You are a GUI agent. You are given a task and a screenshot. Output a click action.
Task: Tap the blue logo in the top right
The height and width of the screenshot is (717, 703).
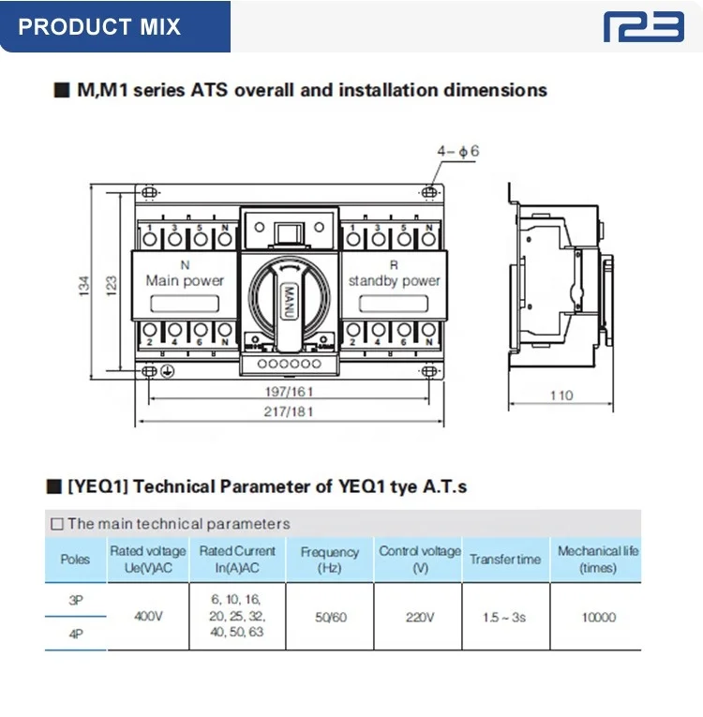pos(643,25)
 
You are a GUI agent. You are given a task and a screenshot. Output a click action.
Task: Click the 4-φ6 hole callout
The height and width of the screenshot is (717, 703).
pos(457,150)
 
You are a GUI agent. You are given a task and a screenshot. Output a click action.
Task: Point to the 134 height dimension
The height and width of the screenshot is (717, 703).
pos(84,282)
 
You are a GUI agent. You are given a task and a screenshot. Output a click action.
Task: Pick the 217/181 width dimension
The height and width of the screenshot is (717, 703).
pos(287,411)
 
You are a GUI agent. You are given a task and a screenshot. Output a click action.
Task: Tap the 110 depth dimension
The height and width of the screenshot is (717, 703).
pos(561,396)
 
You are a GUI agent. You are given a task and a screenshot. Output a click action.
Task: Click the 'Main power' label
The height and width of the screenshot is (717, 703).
pos(185,280)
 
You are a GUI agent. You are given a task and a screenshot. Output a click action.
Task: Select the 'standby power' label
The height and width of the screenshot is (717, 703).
pos(394,280)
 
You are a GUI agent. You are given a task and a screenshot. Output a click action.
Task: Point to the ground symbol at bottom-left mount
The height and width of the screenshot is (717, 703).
pos(165,372)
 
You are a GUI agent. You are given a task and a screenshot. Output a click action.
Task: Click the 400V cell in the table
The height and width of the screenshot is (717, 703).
pos(148,618)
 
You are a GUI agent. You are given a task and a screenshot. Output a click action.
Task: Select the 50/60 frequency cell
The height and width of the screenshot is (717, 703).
pos(329,618)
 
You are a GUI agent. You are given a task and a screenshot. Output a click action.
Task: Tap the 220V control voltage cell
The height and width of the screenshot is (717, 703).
pos(419,618)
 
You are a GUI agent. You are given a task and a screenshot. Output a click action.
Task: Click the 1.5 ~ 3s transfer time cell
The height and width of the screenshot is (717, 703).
pos(504,618)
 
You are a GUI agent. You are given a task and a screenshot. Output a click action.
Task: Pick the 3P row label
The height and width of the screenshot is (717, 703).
pos(75,600)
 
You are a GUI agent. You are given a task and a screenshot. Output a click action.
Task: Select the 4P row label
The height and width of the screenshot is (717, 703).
pos(75,635)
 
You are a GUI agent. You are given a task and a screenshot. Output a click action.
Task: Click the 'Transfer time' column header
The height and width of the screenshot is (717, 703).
pos(505,560)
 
